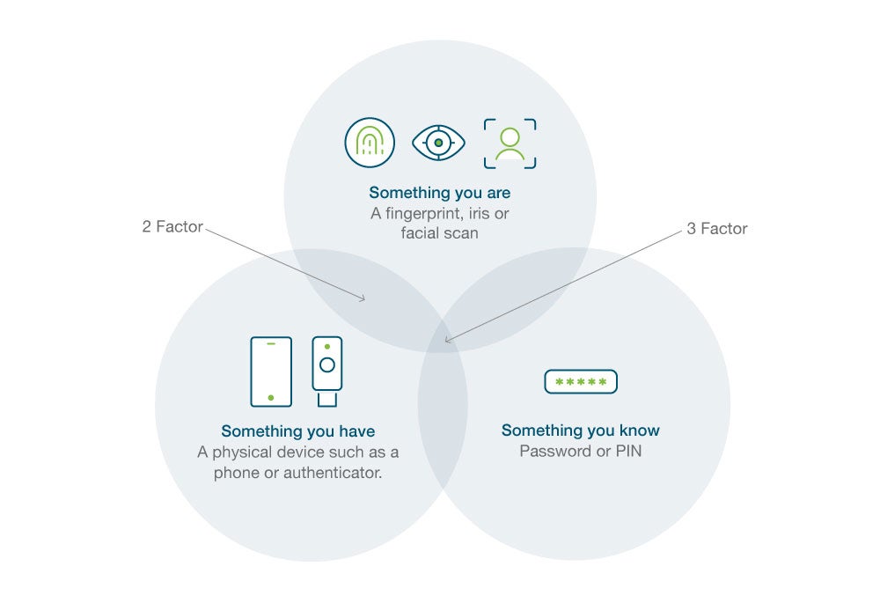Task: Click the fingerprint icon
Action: [370, 143]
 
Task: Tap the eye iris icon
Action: [438, 143]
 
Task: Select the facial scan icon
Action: [510, 143]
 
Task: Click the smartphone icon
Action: [271, 372]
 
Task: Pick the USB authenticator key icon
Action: [327, 371]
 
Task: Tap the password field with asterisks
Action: [581, 381]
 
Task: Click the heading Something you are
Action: [439, 193]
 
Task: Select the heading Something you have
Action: [298, 431]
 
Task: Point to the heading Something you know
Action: [580, 430]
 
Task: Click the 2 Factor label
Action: [172, 226]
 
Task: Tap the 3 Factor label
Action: [717, 228]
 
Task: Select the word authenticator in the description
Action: [333, 473]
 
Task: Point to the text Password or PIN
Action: [580, 452]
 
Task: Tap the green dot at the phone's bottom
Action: [271, 398]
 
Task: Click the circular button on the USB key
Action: [327, 365]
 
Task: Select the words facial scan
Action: [439, 233]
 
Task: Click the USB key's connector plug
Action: [327, 400]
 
